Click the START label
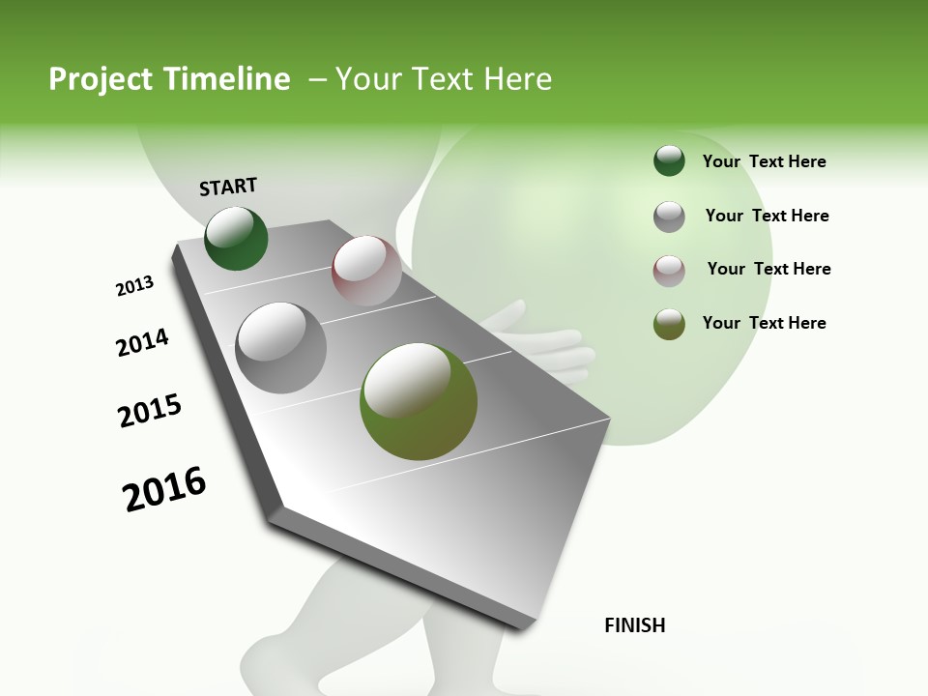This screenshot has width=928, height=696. [x=228, y=186]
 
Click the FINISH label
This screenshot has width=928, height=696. [x=634, y=625]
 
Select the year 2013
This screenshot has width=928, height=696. [x=134, y=286]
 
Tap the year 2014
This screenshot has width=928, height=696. [x=142, y=342]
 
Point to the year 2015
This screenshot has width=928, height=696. [x=150, y=411]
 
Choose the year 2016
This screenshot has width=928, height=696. [x=164, y=489]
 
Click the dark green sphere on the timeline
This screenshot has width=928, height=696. [x=236, y=239]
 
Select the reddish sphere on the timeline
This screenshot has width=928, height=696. [x=366, y=271]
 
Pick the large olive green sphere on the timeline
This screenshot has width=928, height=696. [x=419, y=401]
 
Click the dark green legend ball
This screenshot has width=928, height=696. [x=669, y=161]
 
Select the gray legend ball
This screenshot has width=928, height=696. [x=669, y=217]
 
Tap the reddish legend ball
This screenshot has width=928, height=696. [x=669, y=271]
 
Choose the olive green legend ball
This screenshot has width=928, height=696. [x=669, y=324]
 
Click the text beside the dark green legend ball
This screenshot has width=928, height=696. [x=764, y=161]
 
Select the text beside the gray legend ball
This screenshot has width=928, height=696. [x=767, y=216]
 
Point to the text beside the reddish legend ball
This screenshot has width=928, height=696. [x=768, y=269]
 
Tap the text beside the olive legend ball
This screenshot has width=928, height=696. [x=764, y=323]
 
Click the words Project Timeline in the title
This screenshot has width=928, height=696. [x=169, y=79]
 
